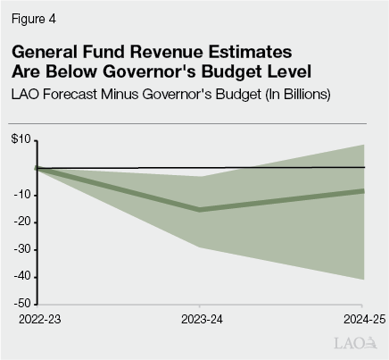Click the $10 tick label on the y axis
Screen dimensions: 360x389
(21, 139)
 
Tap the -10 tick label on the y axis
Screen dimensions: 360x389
(22, 195)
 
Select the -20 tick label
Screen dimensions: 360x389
(22, 222)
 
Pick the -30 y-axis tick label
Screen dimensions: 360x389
(22, 250)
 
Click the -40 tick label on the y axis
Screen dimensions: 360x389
(22, 278)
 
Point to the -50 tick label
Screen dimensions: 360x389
(22, 306)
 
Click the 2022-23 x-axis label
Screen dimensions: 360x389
(37, 319)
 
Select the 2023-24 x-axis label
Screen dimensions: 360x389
(202, 319)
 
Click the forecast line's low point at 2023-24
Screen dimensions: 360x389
(201, 210)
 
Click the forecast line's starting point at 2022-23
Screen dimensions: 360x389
(37, 167)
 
